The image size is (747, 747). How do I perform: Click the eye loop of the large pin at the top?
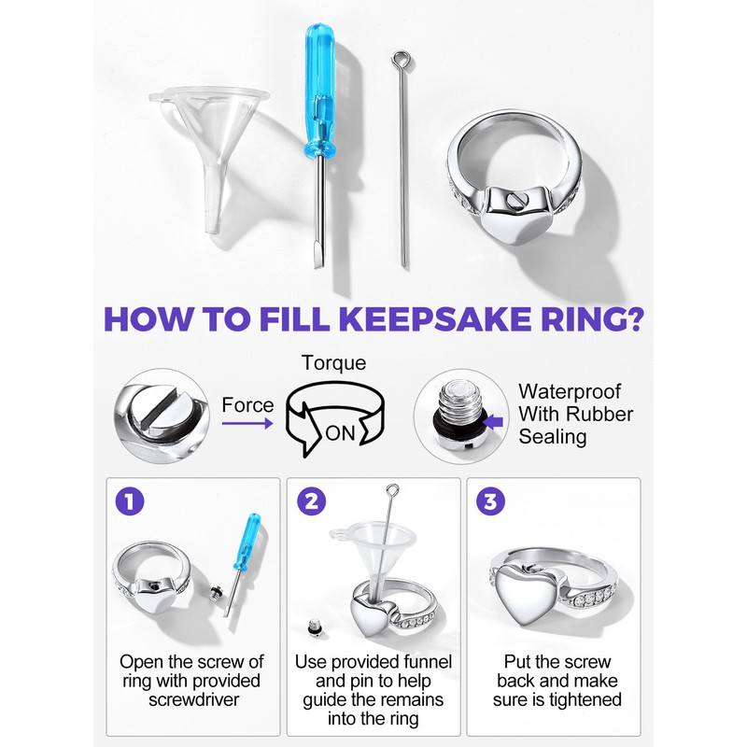pos(400,60)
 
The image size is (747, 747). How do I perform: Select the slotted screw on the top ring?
pos(514,200)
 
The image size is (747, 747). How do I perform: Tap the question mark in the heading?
pos(632,319)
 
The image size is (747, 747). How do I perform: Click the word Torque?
pos(334,363)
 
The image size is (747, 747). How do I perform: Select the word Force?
pos(247,405)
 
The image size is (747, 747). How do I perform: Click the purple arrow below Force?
pos(247,423)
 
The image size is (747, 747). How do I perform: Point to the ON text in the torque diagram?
pos(340,433)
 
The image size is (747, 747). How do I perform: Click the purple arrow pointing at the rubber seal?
pos(496,422)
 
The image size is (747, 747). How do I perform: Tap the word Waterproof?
pos(570,392)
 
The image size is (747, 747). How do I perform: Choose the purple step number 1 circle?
pos(130,501)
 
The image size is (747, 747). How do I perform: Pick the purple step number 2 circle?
pos(311,501)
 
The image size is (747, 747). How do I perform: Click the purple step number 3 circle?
pos(490,501)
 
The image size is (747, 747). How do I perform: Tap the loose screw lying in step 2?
pos(313,626)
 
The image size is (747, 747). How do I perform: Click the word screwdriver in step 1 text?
pos(193,699)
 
